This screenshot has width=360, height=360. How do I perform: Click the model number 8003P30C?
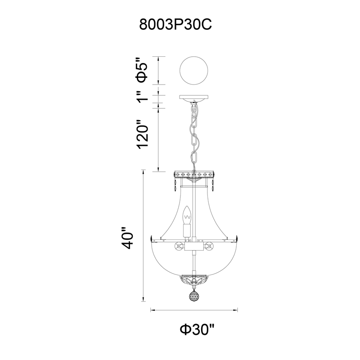(175, 25)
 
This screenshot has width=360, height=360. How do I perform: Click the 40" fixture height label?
(127, 238)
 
